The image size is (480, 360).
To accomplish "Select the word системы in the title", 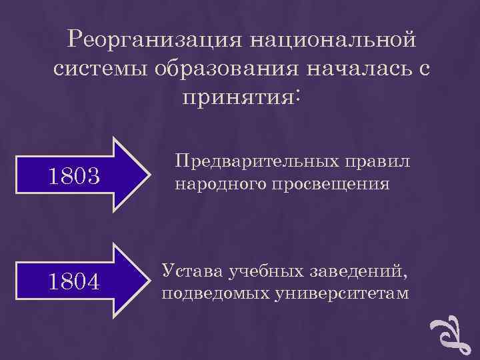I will tap(93, 69).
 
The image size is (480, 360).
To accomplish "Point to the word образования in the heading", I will tap(219, 69).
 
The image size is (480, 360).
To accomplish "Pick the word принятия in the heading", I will tap(237, 97).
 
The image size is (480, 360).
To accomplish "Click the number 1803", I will tap(74, 177).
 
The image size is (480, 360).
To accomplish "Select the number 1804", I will tap(74, 282).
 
